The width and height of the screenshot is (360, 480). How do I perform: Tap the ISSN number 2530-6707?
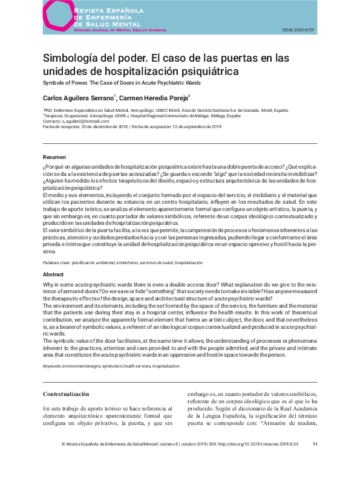(302, 30)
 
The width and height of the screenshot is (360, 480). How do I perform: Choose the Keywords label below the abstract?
(56, 366)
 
